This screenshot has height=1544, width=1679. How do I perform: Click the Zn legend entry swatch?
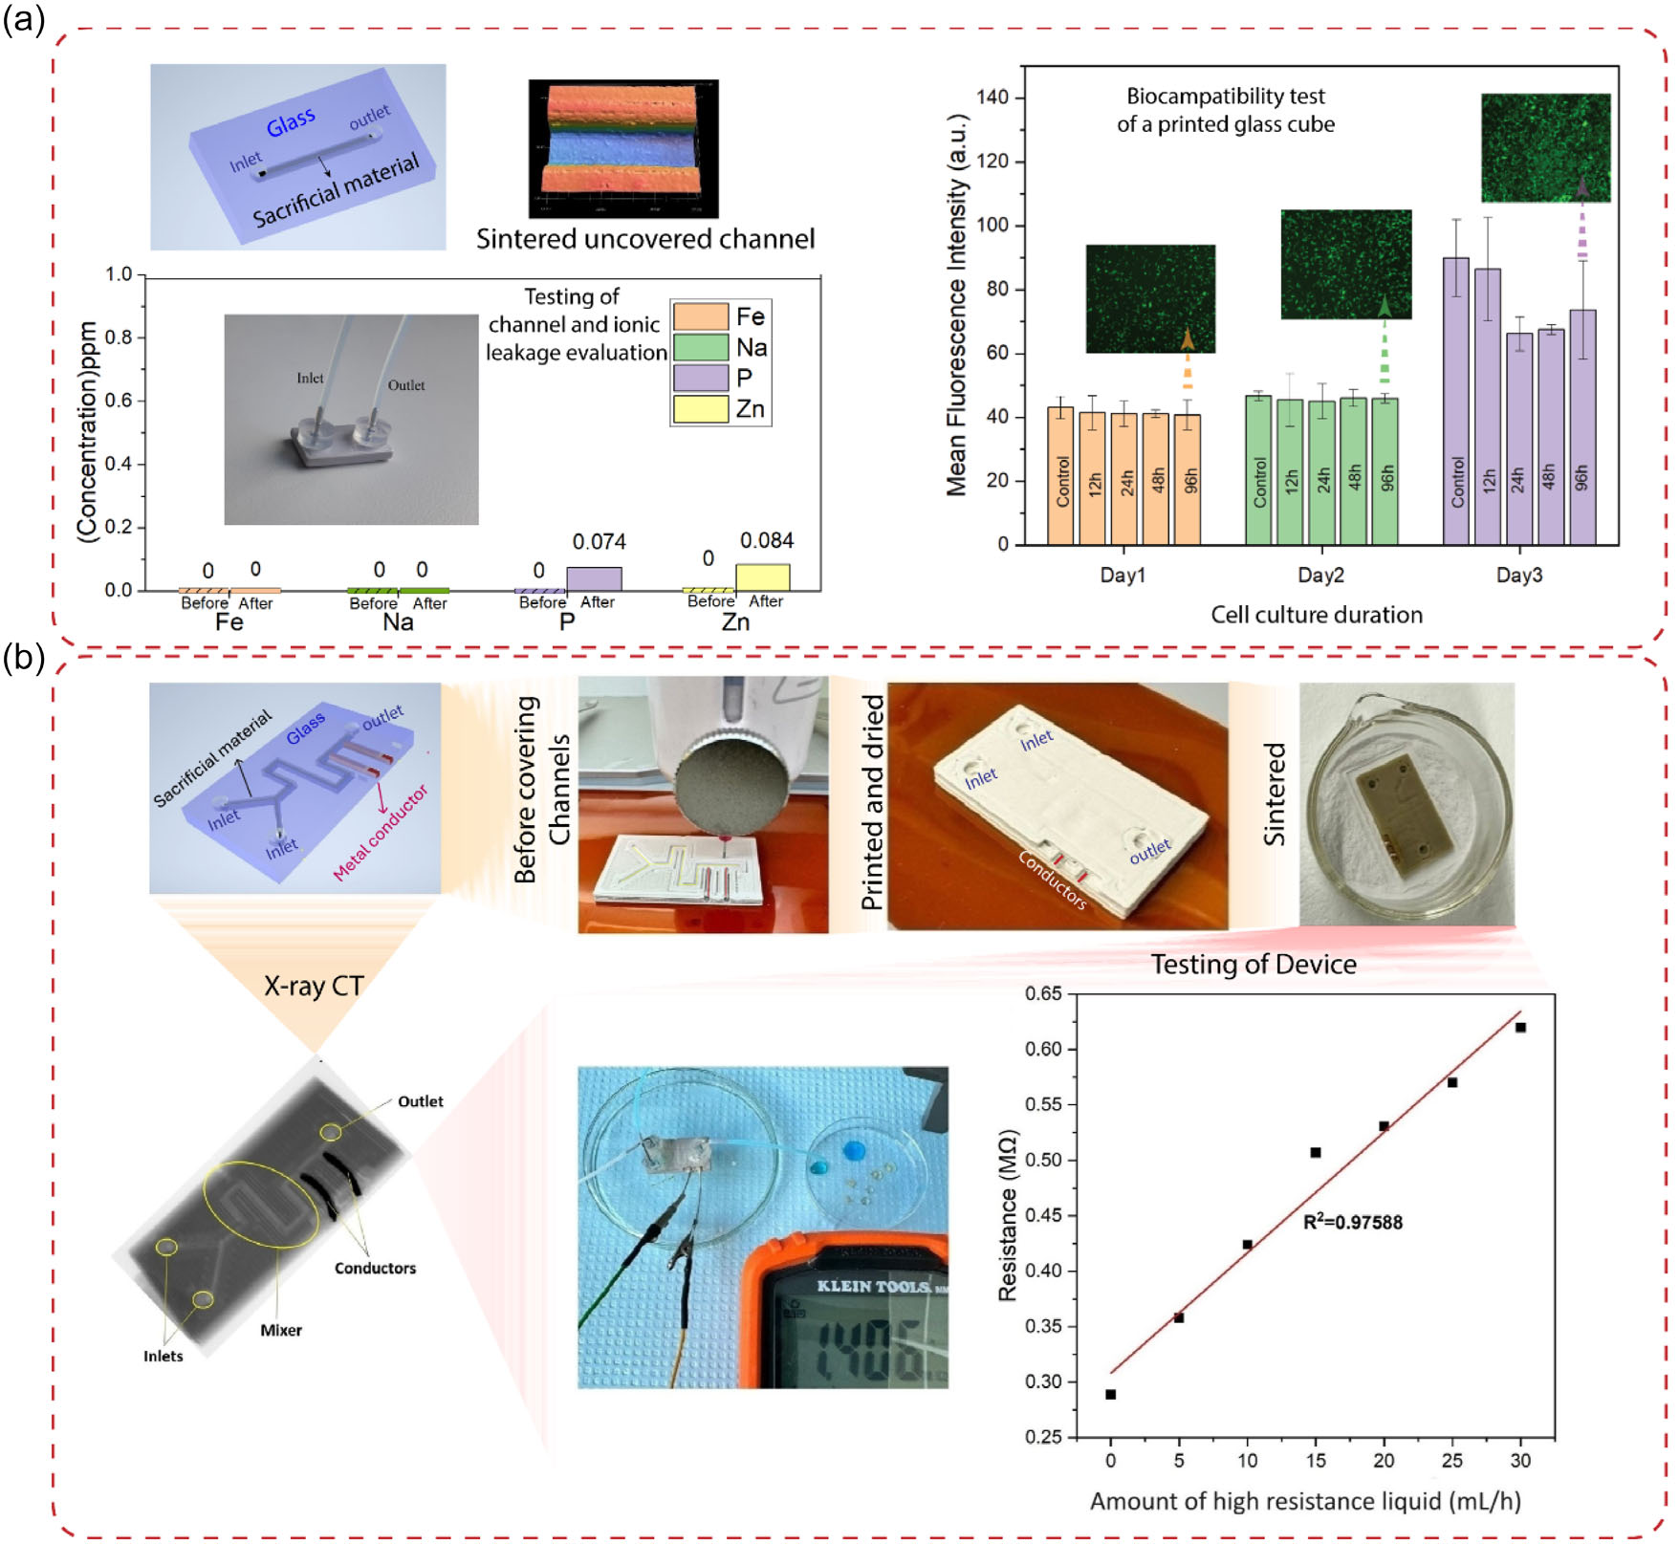point(700,409)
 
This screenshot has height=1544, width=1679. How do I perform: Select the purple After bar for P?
point(594,579)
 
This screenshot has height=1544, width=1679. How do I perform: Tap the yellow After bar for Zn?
point(762,577)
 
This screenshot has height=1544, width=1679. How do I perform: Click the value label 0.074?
point(599,542)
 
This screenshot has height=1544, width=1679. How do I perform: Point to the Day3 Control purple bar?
point(1455,402)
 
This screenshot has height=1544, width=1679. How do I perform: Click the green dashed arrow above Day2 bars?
point(1385,344)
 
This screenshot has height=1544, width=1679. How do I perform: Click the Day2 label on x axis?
point(1320,575)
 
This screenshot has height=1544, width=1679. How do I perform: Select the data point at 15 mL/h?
point(1316,1153)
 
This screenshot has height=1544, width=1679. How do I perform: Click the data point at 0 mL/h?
point(1110,1395)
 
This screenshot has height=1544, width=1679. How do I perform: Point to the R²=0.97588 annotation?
point(1352,1222)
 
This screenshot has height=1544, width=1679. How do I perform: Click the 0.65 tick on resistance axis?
point(1043,994)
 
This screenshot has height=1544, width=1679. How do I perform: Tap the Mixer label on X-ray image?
point(280,1330)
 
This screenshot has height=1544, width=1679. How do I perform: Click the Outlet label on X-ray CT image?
point(420,1101)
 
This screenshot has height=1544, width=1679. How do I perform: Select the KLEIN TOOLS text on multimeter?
point(873,1286)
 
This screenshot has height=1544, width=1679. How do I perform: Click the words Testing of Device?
point(1253,964)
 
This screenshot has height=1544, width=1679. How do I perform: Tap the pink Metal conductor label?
point(381,833)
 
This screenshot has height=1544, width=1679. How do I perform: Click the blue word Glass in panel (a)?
point(290,122)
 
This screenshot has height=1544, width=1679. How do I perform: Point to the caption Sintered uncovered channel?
point(645,239)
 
